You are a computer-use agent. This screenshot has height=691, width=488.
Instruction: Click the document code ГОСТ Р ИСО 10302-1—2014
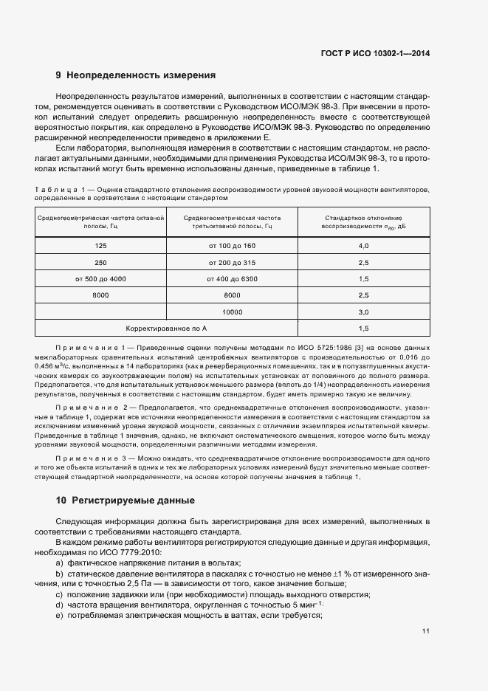(375, 53)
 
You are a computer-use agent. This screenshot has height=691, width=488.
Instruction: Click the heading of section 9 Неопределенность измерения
(136, 75)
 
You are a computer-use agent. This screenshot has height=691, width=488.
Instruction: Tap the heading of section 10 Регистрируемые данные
(126, 500)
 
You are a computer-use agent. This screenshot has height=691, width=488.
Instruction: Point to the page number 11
(426, 631)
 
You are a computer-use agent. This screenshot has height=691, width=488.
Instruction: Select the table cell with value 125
(100, 245)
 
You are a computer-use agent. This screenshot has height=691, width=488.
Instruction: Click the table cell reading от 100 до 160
(233, 245)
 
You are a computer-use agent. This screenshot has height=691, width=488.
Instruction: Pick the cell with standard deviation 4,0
(363, 245)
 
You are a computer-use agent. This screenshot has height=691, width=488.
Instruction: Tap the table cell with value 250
(100, 262)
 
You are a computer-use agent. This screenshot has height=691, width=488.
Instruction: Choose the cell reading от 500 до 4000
(100, 279)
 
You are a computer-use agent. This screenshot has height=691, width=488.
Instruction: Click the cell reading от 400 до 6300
(233, 279)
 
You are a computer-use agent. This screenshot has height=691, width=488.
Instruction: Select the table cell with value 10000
(233, 312)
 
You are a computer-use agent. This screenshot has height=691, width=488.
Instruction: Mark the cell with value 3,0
(363, 312)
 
